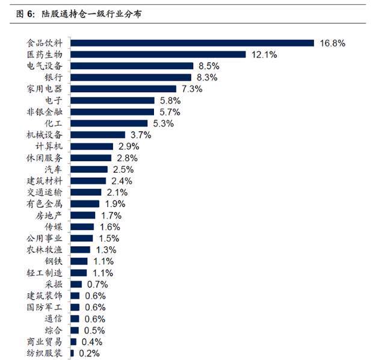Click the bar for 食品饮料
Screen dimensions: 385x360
[x=192, y=43]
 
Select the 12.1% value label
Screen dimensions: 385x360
[x=264, y=55]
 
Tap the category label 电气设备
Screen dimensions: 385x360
[x=45, y=66]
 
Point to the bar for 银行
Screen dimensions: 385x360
[x=131, y=78]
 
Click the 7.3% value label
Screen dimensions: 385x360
[x=192, y=88]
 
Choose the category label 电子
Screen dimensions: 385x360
[x=54, y=101]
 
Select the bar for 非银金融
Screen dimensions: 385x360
[x=112, y=112]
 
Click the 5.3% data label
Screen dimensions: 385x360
[x=164, y=123]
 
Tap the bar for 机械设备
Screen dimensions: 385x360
[x=97, y=135]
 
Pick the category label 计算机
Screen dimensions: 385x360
[x=49, y=146]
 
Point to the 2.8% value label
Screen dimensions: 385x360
[x=127, y=158]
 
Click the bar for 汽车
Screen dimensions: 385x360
[x=89, y=169]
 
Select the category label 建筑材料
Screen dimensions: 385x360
[x=45, y=181]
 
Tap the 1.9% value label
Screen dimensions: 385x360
[x=115, y=204]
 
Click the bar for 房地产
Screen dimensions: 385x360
[x=83, y=216]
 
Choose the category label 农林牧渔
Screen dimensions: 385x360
[x=45, y=250]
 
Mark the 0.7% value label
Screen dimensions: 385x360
[x=97, y=285]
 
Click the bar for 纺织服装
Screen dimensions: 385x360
[x=72, y=353]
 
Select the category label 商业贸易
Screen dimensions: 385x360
[x=45, y=342]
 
